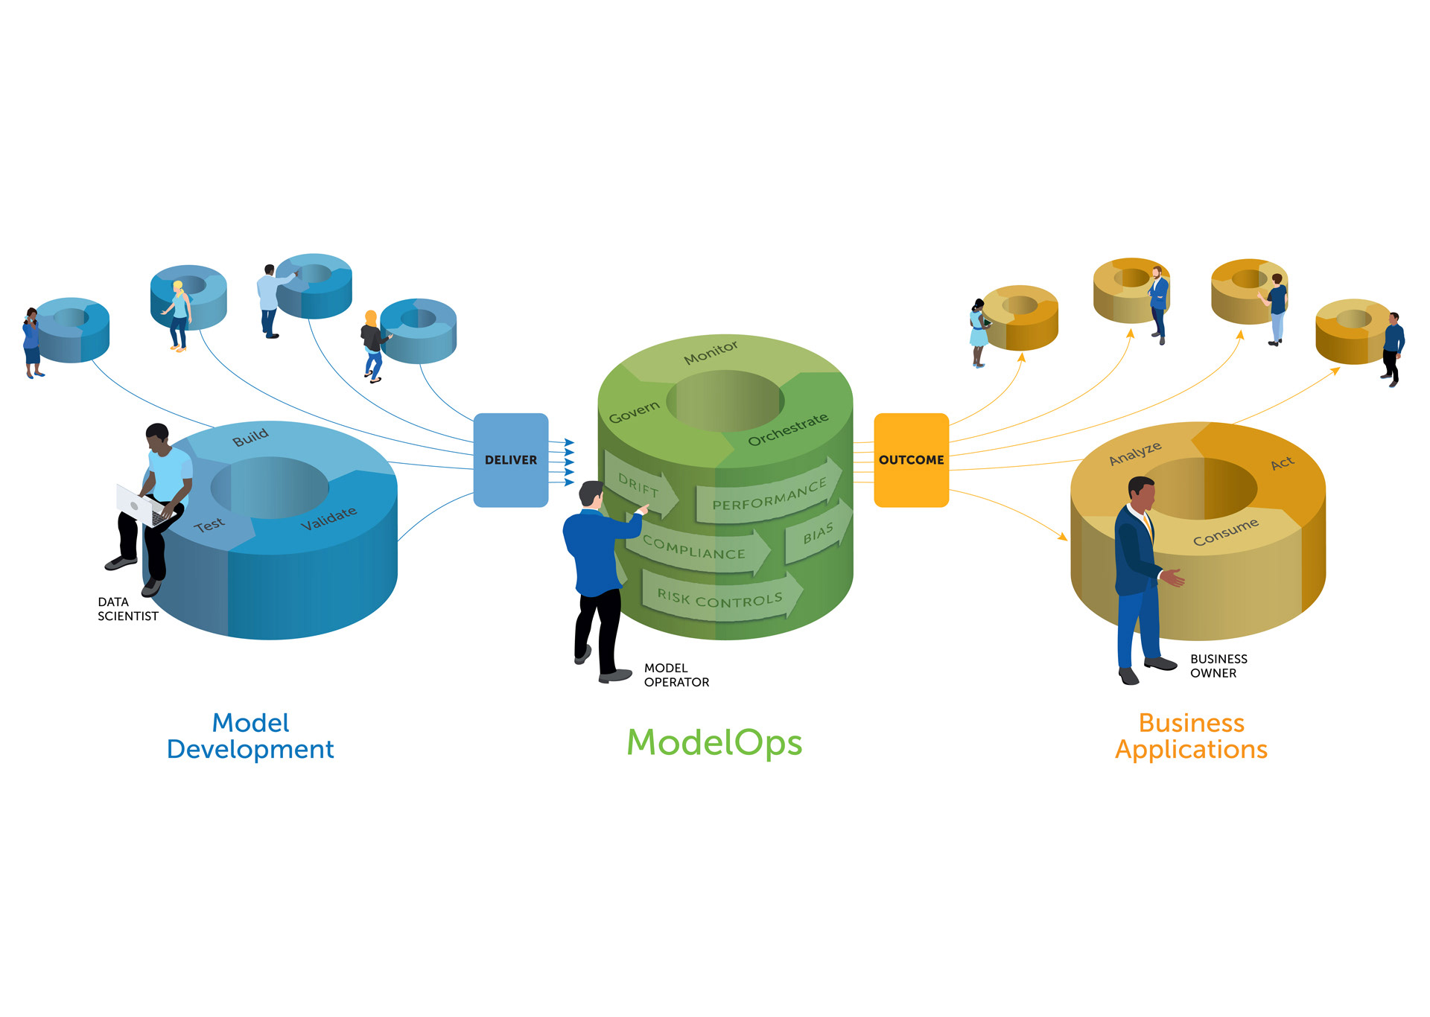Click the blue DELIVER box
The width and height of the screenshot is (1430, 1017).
coord(511,460)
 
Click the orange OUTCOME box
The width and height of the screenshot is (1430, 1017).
coord(911,460)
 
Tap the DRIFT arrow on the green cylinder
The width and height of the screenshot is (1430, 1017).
coord(640,487)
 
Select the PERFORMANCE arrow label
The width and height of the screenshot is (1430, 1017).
coord(769,494)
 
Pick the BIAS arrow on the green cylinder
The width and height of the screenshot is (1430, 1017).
coord(818,533)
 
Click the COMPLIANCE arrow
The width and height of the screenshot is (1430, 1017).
coord(694,549)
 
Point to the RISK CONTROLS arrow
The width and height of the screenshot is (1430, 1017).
coord(719,599)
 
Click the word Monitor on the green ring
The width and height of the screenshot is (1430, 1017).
coord(711,352)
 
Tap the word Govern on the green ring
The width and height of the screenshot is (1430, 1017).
coord(635,412)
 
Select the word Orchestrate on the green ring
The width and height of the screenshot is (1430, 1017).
coord(788,430)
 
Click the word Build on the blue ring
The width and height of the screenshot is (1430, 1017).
coord(250,437)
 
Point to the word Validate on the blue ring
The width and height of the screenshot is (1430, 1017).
coord(328,519)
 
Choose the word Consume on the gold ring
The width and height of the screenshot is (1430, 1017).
coord(1226,532)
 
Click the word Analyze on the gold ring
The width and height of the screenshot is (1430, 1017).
coord(1135,453)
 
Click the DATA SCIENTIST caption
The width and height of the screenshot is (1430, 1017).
coord(127,609)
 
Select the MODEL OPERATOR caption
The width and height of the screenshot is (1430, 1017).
coord(676,675)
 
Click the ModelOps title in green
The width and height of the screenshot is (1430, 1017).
coord(714,742)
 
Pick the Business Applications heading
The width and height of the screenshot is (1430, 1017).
coord(1191,736)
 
